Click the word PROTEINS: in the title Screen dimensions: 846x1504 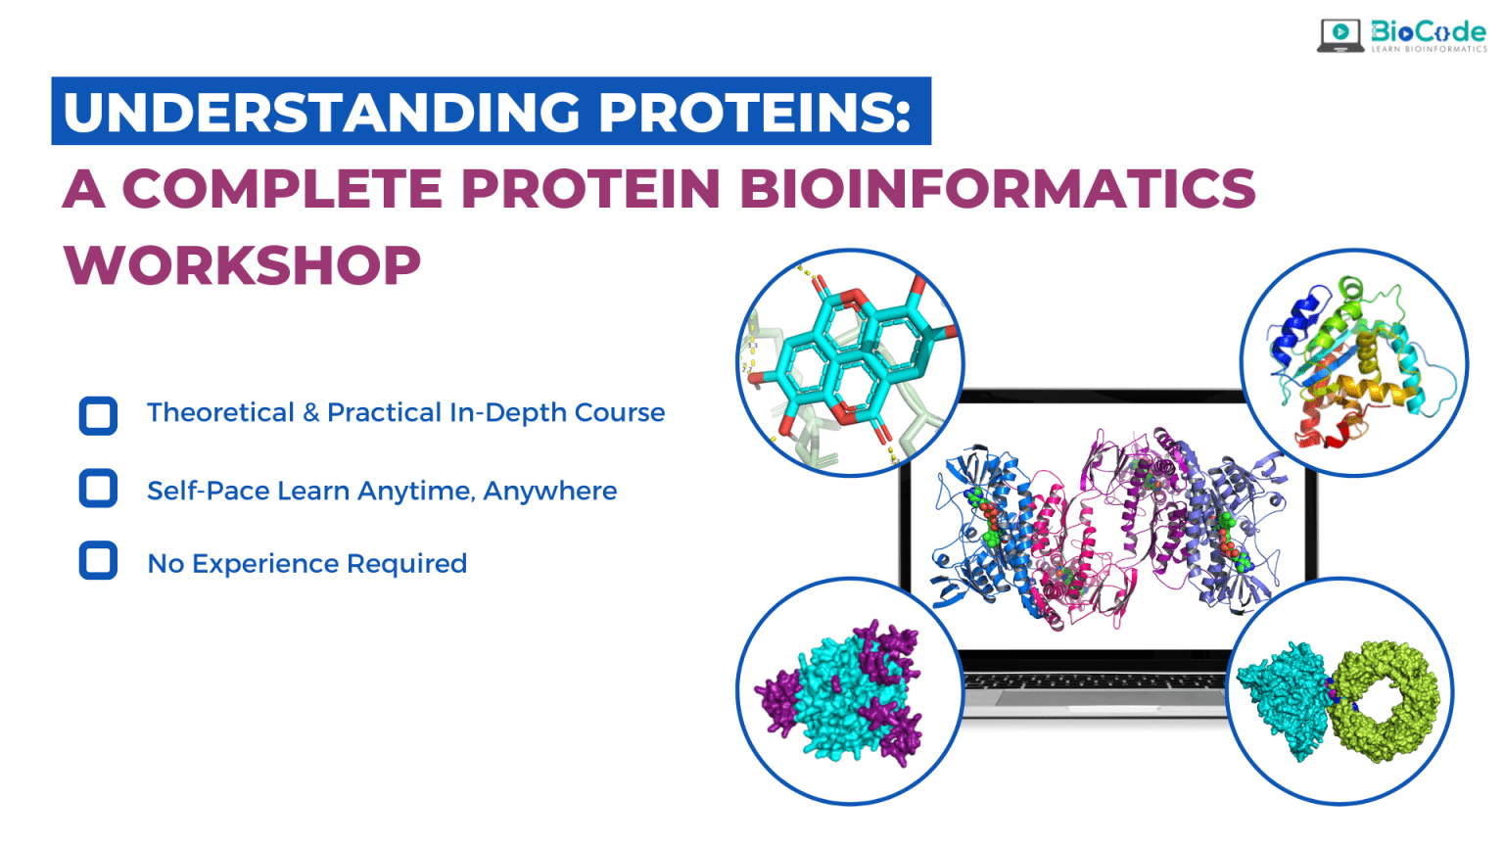coord(755,112)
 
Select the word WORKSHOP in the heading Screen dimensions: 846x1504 coord(242,265)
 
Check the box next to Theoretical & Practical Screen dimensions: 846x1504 coord(98,415)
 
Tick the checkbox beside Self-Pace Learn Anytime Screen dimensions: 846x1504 coord(98,488)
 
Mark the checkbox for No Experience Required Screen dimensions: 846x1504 coord(98,561)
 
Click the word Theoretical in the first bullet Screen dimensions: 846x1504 coord(220,413)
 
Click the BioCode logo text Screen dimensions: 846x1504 coord(1428,32)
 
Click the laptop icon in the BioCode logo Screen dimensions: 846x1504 coord(1340,35)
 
